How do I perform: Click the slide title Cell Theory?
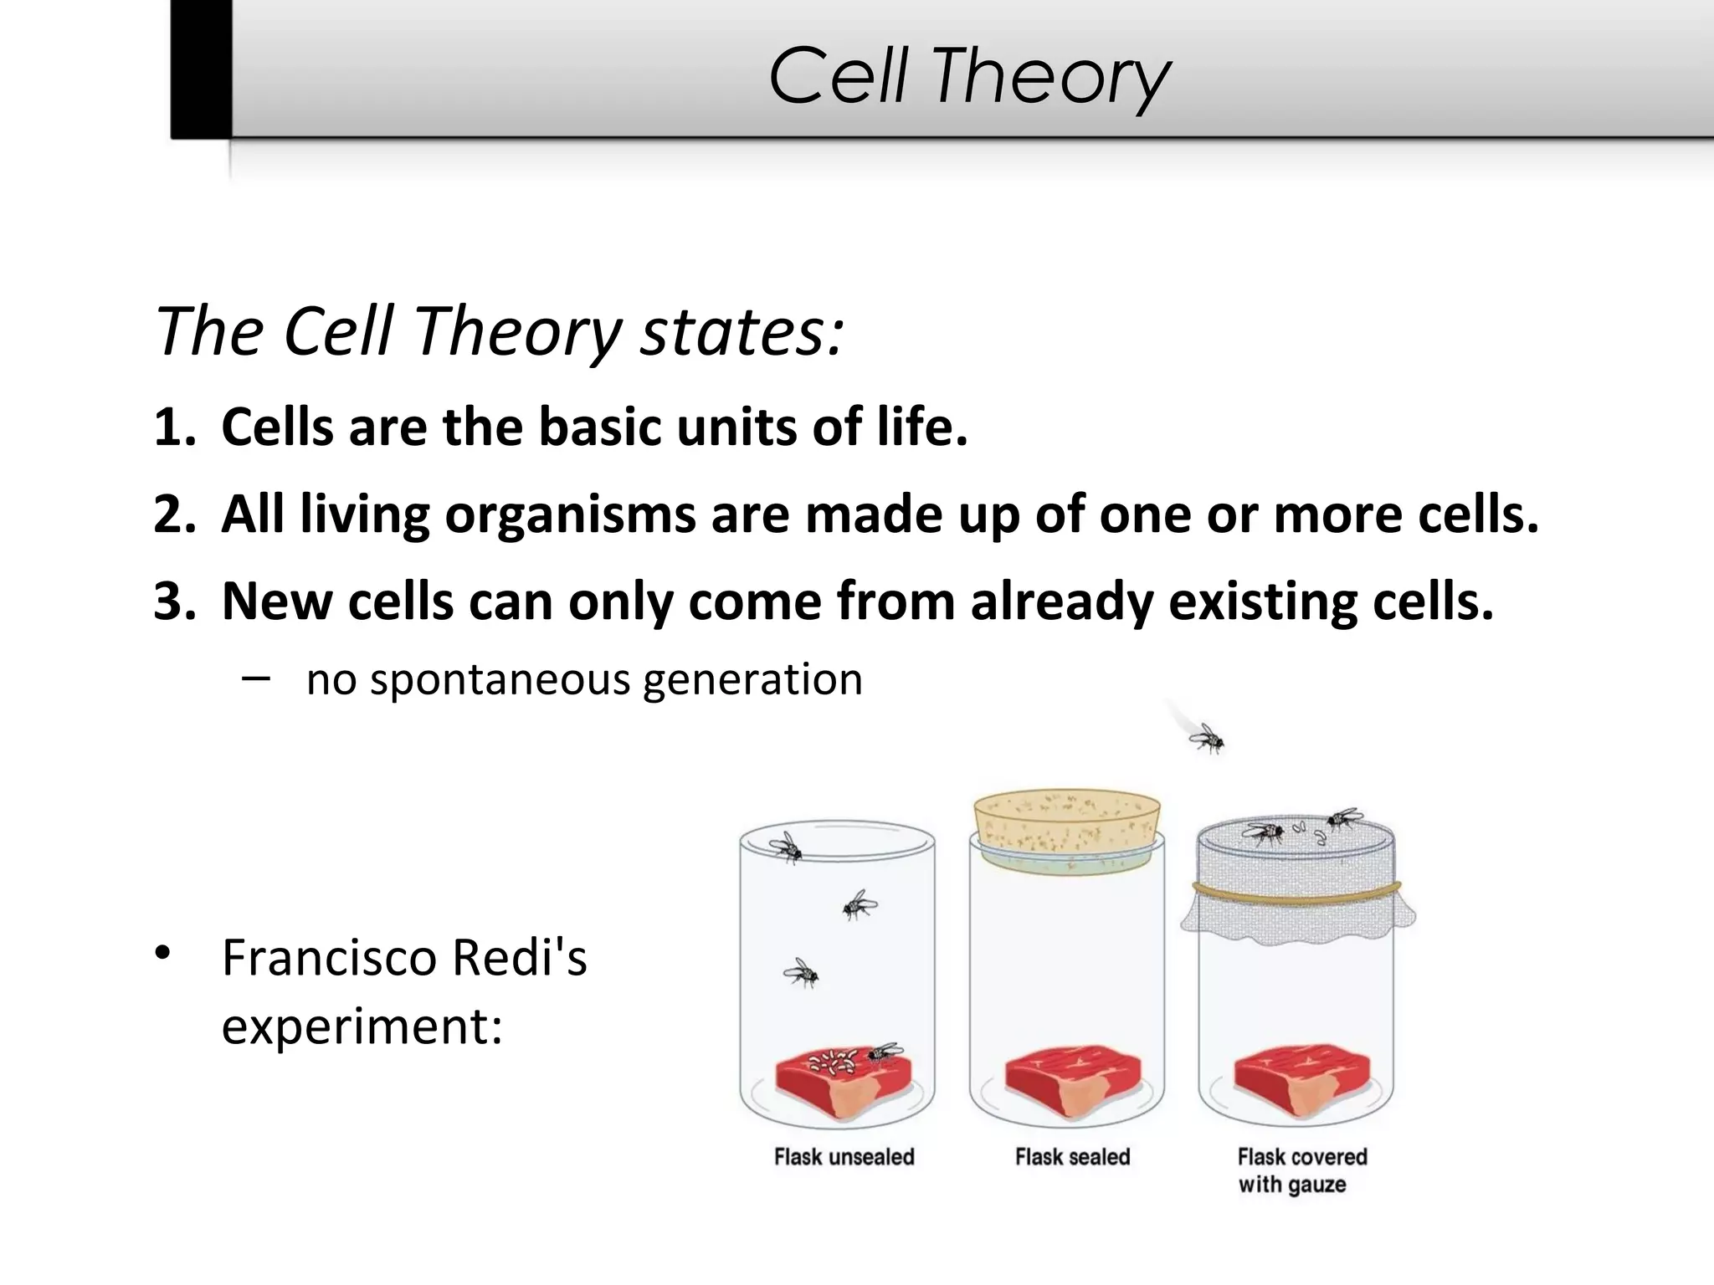[968, 77]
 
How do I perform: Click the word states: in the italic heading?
[741, 332]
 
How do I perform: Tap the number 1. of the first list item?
[174, 427]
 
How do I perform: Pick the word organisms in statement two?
[570, 515]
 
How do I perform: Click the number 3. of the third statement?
[174, 602]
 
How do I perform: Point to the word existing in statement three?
[1263, 602]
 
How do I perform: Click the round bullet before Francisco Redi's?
[162, 954]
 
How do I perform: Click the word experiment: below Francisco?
[362, 1026]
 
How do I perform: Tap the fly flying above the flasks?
[1205, 738]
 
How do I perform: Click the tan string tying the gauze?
[1296, 893]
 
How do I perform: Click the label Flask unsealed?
[844, 1157]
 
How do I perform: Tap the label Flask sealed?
[1072, 1157]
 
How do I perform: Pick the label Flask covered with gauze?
[1301, 1170]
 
